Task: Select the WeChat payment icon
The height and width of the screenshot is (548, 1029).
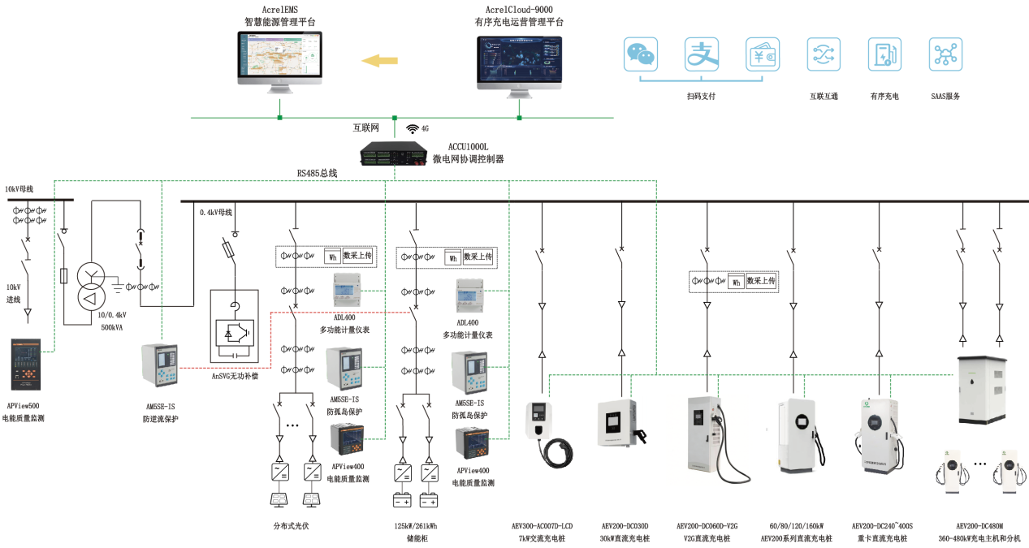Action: [641, 54]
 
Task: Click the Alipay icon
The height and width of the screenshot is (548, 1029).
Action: [701, 54]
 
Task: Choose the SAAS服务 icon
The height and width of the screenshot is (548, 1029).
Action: [945, 54]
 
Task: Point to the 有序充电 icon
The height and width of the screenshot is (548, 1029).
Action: [884, 54]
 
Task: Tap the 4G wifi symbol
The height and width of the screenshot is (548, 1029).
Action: [413, 128]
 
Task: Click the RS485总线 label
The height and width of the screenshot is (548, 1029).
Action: [317, 173]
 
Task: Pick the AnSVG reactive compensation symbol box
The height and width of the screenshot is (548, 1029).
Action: [235, 326]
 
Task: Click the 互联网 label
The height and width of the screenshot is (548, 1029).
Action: [365, 128]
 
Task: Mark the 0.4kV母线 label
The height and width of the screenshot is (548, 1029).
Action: [216, 213]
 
